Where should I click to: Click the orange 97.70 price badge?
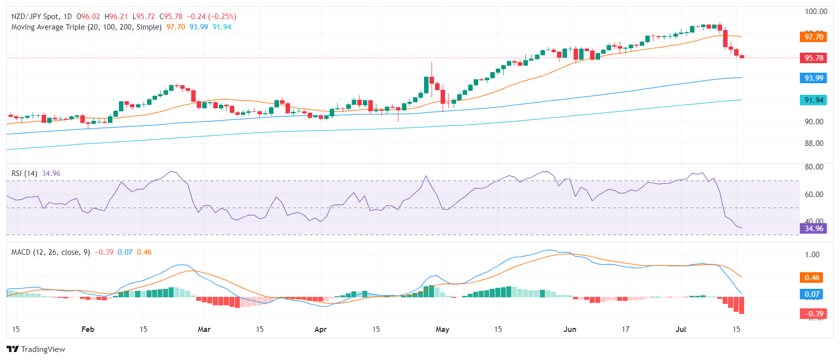tap(813, 37)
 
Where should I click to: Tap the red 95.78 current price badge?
tap(813, 58)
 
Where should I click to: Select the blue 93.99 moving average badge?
tap(813, 78)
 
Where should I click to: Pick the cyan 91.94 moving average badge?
tap(813, 100)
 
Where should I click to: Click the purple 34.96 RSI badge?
tap(813, 229)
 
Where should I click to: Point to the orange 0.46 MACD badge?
tap(811, 277)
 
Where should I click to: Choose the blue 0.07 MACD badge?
tap(811, 294)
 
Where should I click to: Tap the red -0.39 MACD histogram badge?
tap(813, 314)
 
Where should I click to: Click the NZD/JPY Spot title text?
tap(35, 17)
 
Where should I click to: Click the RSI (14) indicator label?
tap(24, 173)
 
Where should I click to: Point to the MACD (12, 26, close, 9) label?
tap(51, 252)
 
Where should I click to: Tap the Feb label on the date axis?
tap(88, 329)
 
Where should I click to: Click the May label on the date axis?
tap(442, 329)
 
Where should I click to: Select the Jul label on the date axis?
tap(681, 329)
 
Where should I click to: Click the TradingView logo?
tap(36, 349)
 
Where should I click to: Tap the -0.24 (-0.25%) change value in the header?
tap(212, 17)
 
